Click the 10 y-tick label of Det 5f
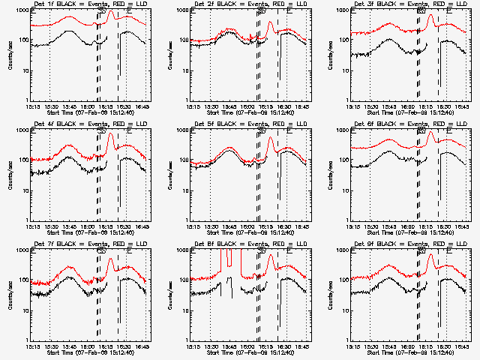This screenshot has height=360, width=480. click(184, 191)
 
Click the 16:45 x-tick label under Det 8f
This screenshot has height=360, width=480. click(303, 347)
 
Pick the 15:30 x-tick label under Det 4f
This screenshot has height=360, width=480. click(50, 227)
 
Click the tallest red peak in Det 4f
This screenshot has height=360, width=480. click(110, 134)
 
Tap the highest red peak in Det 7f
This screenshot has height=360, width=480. click(110, 259)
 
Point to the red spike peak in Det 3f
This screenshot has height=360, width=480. click(430, 16)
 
